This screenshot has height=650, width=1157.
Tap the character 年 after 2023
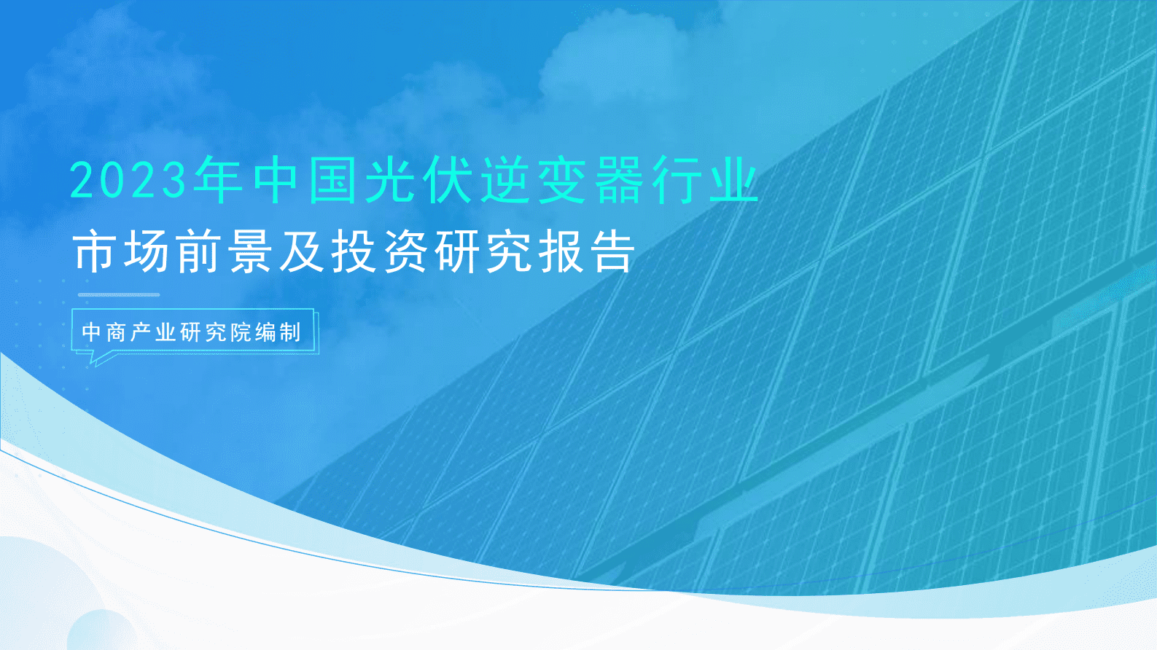click(x=217, y=180)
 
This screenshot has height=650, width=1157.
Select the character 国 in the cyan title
click(x=332, y=180)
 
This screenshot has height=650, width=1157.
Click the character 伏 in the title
click(x=448, y=180)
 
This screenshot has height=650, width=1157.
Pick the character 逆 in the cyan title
click(x=505, y=180)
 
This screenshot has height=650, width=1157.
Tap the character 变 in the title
click(x=561, y=180)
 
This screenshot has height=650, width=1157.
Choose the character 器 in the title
click(x=618, y=180)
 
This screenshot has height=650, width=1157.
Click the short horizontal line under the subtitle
click(x=119, y=294)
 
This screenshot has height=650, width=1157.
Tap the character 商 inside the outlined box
click(x=116, y=332)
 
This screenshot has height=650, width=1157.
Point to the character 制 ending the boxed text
click(x=289, y=332)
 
